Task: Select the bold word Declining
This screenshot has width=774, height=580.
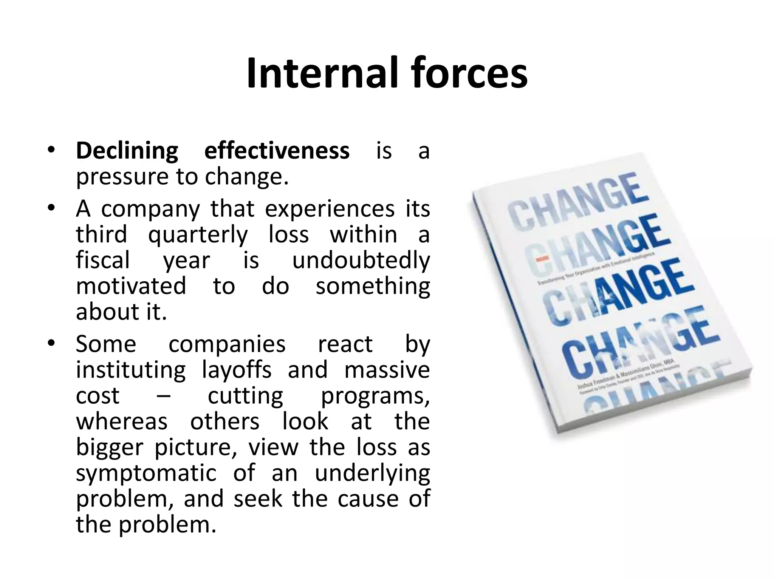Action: click(x=127, y=151)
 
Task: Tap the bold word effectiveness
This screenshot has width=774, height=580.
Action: click(x=277, y=151)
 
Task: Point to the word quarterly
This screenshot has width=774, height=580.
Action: click(x=198, y=235)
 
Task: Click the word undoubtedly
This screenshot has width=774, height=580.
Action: click(x=361, y=261)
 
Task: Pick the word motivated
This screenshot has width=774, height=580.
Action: click(x=131, y=286)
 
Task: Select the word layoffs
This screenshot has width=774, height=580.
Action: click(x=237, y=370)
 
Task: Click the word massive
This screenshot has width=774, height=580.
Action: click(x=387, y=370)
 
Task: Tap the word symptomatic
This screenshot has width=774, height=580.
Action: click(x=146, y=473)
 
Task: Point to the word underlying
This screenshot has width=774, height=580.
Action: click(x=372, y=473)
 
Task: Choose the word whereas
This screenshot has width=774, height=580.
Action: click(x=122, y=421)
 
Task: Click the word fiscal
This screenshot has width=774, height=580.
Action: click(x=103, y=261)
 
